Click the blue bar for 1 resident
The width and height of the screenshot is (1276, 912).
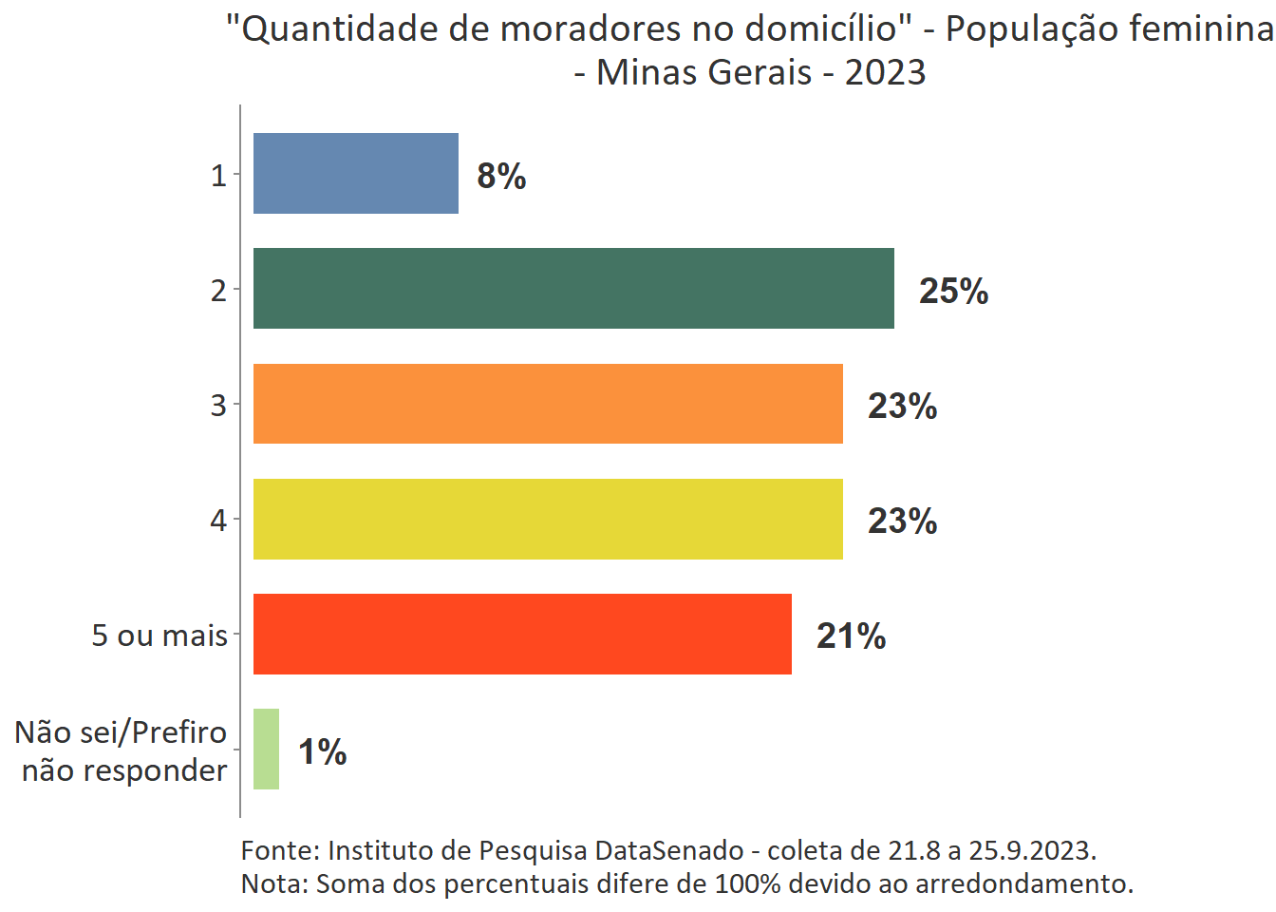point(356,174)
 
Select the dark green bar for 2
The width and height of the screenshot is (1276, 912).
point(573,289)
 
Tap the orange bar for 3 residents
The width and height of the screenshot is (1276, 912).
point(548,404)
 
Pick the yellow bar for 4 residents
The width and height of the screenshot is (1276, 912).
point(548,519)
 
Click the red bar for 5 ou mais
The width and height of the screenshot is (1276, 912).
point(522,634)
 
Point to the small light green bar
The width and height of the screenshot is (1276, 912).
point(266,749)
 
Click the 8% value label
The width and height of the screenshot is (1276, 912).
point(501,176)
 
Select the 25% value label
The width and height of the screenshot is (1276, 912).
point(953,291)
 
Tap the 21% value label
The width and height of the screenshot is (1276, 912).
point(851,636)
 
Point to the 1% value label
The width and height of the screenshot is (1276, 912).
point(322,751)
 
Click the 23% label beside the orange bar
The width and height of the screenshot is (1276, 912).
point(902,406)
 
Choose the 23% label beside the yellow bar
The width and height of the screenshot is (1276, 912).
point(902,521)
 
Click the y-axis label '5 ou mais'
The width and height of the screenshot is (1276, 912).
point(159,635)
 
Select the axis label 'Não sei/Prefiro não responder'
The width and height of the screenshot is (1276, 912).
point(122,750)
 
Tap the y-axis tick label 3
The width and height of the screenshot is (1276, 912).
point(218,405)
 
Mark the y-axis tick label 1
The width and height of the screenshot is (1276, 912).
point(218,176)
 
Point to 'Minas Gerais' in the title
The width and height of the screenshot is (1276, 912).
point(704,72)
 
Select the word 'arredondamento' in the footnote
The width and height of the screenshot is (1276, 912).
point(1023,883)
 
